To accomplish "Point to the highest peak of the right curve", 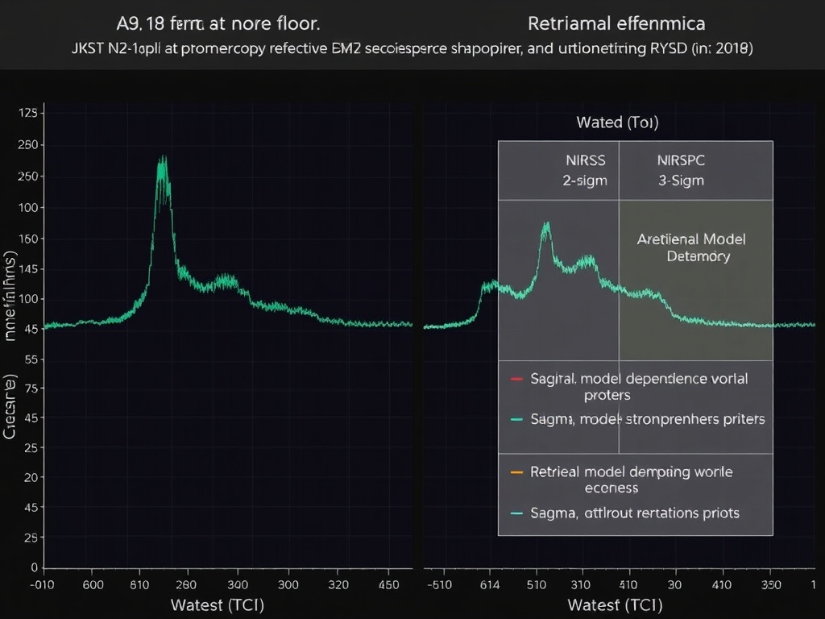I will (546, 224).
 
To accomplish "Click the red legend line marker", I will (517, 378).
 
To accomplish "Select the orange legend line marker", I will (517, 472).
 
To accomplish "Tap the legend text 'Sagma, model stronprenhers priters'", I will (648, 419).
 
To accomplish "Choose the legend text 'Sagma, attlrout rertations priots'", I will (635, 513).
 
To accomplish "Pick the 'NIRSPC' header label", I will (681, 160).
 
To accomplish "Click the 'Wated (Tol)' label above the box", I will (617, 123).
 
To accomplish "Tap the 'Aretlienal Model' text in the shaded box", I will (691, 239).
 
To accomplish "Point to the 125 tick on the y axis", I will (27, 113).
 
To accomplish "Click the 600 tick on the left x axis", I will (93, 585).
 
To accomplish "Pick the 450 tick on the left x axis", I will (388, 585).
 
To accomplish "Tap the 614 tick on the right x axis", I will (490, 585).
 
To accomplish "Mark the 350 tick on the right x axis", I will (772, 585).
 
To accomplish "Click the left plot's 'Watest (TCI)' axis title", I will (218, 604).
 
